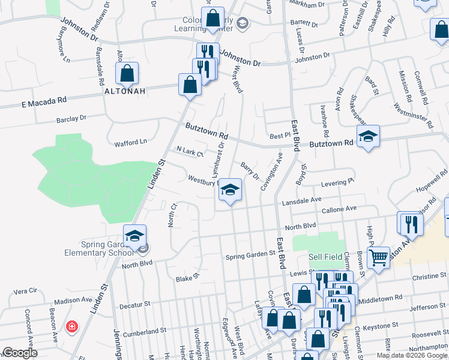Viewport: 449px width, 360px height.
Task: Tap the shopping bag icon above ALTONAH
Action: pyautogui.click(x=127, y=74)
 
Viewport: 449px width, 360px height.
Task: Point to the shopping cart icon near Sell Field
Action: pyautogui.click(x=378, y=258)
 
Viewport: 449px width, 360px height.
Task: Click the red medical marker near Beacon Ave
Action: pyautogui.click(x=71, y=327)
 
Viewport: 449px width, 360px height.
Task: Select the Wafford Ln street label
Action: pyautogui.click(x=130, y=143)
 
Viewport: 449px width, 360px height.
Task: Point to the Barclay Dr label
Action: pyautogui.click(x=71, y=119)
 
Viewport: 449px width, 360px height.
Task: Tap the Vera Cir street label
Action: pyautogui.click(x=25, y=290)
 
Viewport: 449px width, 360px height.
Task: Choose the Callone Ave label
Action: pyautogui.click(x=339, y=209)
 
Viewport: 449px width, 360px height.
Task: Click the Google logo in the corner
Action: pyautogui.click(x=20, y=353)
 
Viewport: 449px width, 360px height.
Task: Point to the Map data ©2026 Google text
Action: pyautogui.click(x=412, y=355)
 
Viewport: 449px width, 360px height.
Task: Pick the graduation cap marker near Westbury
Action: pyautogui.click(x=229, y=191)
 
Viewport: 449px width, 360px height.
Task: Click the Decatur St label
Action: pyautogui.click(x=134, y=305)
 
